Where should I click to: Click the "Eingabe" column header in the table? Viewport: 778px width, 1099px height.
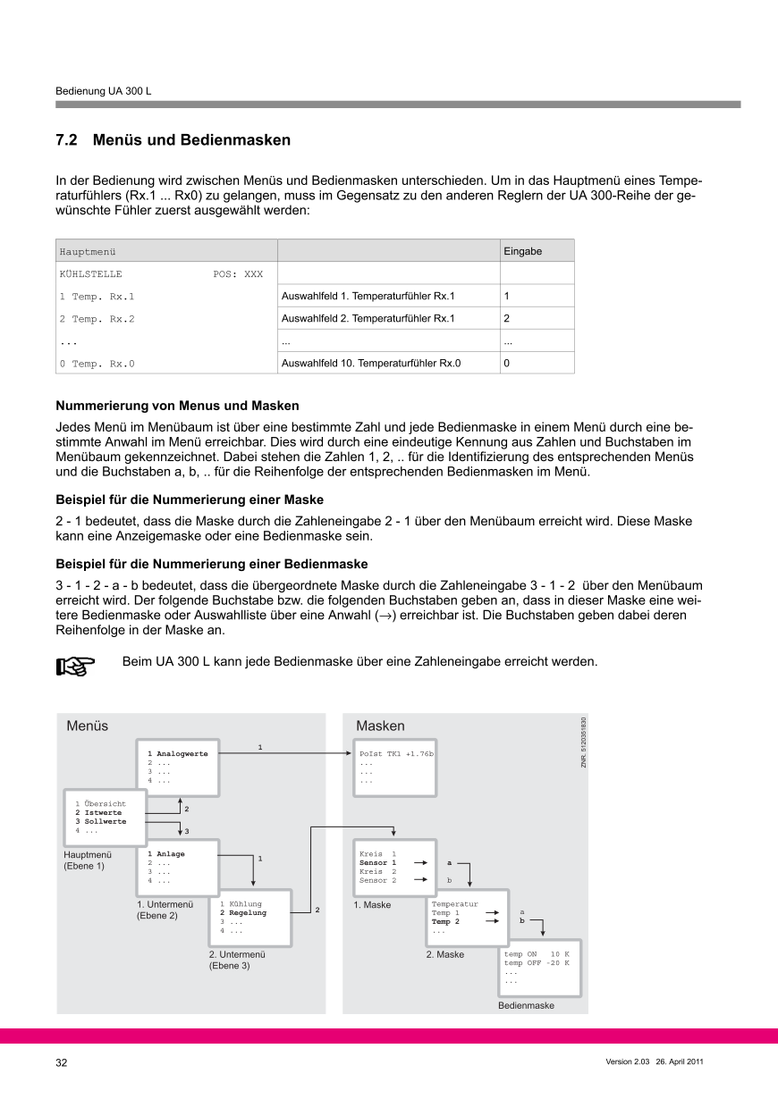523,251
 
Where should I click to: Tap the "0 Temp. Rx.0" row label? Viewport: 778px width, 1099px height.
97,364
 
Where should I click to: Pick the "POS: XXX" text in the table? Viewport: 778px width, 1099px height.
238,273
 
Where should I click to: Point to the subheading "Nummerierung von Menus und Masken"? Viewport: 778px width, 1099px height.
177,406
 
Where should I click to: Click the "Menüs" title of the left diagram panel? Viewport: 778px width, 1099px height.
87,726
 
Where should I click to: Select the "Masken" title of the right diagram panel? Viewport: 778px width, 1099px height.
380,726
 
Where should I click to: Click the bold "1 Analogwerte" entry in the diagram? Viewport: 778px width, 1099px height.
178,754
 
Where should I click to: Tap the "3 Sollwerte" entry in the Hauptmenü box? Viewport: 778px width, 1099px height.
100,821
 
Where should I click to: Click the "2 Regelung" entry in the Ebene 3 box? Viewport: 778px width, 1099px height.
243,913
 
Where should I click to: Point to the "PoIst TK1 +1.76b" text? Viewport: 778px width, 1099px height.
396,754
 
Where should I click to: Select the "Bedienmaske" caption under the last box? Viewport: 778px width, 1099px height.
526,1005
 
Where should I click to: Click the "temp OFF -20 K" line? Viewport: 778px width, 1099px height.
537,963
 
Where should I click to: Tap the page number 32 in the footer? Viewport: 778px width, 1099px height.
62,1062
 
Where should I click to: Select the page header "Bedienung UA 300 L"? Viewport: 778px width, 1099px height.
103,91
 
